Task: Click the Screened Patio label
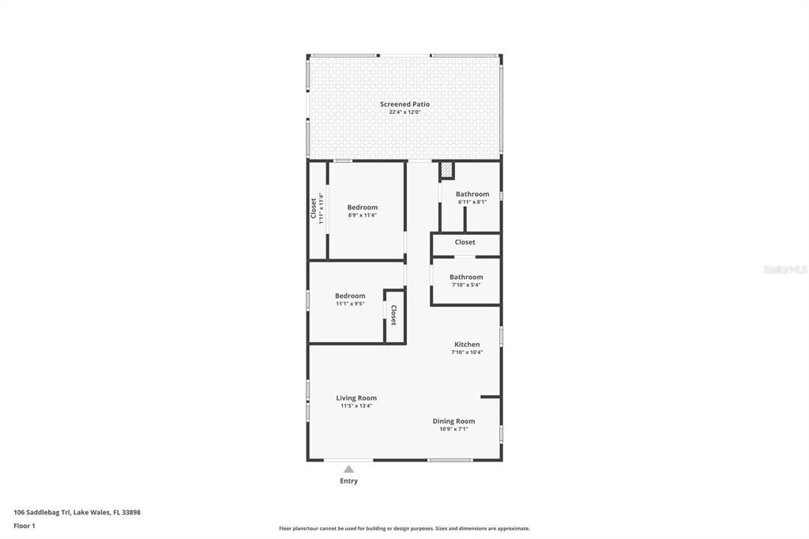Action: pos(404,104)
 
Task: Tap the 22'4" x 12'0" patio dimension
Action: pos(404,112)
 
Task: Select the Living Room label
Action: pos(356,398)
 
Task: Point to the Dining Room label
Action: pos(453,421)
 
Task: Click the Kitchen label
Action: pos(467,345)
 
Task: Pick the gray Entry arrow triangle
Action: pos(348,469)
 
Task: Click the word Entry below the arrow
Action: pos(348,481)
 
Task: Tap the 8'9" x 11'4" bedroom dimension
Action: pos(363,215)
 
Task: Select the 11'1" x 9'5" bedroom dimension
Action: pos(350,303)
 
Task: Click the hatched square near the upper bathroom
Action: pos(446,170)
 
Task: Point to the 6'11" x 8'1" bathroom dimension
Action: pos(472,202)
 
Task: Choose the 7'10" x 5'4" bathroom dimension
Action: pos(466,285)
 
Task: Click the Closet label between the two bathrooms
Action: pos(465,243)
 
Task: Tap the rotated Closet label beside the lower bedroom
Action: pos(393,316)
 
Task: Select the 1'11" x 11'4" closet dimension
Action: pos(322,209)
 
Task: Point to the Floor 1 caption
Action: pos(24,526)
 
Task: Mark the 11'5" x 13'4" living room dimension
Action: pos(356,406)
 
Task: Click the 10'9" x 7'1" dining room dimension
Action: pos(453,429)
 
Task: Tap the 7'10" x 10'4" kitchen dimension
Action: pos(467,352)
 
